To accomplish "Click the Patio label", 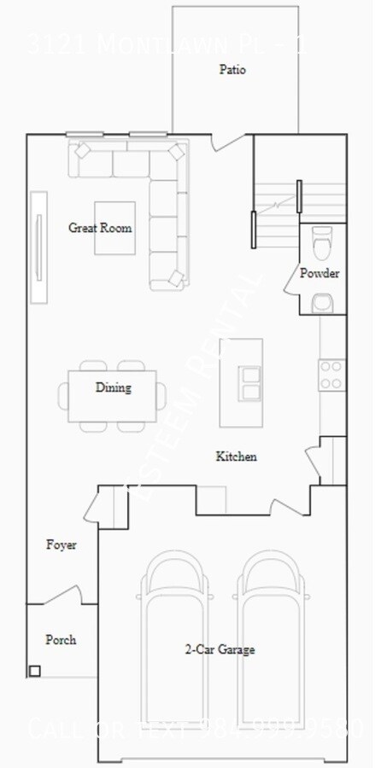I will (232, 70).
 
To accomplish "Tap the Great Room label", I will (101, 228).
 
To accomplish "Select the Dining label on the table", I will (113, 388).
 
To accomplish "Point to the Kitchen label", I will (236, 457).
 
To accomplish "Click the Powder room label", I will (320, 274).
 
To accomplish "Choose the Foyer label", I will (61, 544).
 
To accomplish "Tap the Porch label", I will (61, 639).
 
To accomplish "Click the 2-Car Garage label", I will (220, 650).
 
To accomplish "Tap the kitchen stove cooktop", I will (331, 375).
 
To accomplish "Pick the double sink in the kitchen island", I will (250, 383).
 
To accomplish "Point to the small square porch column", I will (34, 671).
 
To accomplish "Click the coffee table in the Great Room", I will (113, 227).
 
